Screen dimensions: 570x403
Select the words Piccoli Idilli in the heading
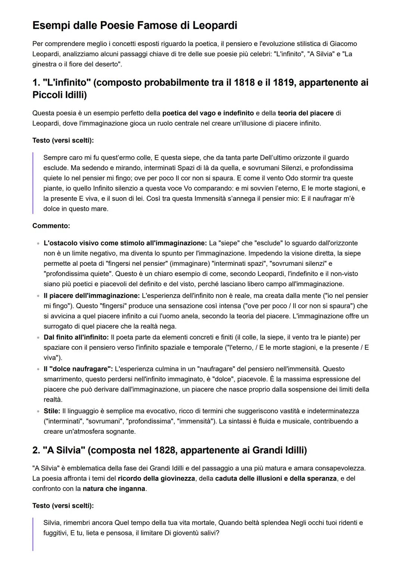coord(59,95)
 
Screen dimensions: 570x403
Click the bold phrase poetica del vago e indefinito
coord(208,113)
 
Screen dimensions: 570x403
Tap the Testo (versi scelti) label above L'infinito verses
coord(63,140)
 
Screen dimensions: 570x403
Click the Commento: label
coord(51,226)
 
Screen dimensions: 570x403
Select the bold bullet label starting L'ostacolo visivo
coord(125,243)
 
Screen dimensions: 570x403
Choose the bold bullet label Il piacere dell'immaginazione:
coord(91,296)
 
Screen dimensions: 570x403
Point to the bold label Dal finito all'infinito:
coord(76,337)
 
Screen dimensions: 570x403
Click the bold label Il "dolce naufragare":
coord(78,369)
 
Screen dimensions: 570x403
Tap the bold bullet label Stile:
coord(52,411)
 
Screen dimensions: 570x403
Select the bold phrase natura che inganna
coord(114,489)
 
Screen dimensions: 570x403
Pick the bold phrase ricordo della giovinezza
coord(156,479)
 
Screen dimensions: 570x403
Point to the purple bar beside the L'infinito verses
coord(33,183)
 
